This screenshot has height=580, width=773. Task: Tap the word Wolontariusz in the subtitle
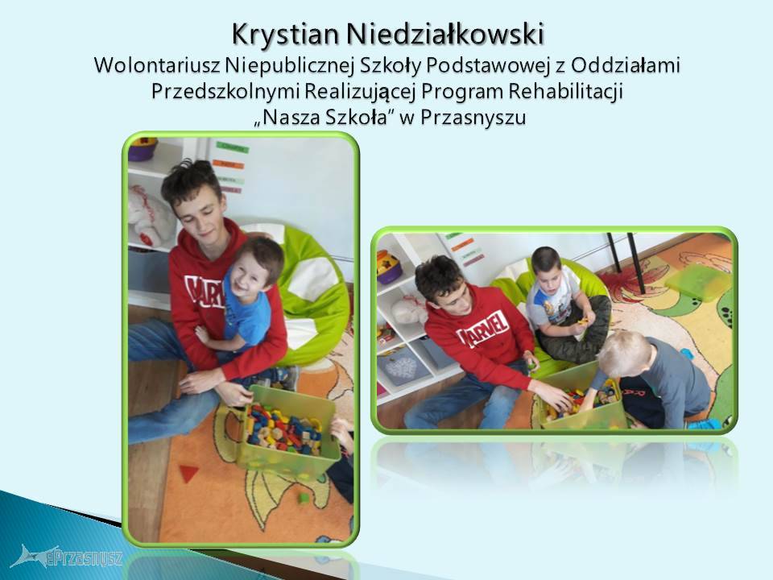click(157, 65)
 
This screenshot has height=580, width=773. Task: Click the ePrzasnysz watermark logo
click(67, 557)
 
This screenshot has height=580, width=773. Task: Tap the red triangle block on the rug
click(188, 473)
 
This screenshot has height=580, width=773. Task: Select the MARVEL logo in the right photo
click(483, 329)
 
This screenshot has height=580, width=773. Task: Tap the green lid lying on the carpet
click(698, 282)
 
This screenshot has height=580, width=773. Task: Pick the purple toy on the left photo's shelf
click(142, 149)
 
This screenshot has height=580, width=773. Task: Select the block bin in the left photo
click(287, 429)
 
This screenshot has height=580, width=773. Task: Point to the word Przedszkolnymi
click(225, 92)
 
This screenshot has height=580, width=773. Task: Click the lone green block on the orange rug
click(304, 498)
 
